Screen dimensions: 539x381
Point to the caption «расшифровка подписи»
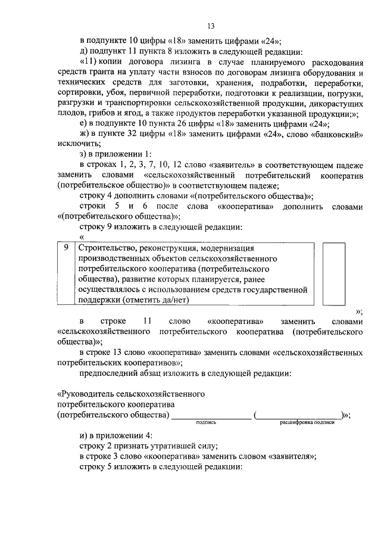coord(307,422)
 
